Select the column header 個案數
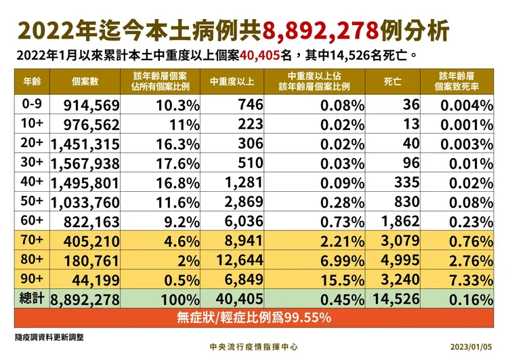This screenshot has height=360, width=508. (x=85, y=81)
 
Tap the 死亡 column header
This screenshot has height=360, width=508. (x=392, y=81)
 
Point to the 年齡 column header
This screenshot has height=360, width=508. (x=32, y=81)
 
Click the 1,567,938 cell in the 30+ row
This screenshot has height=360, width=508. (x=85, y=164)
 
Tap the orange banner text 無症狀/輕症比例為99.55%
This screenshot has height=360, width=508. (x=254, y=317)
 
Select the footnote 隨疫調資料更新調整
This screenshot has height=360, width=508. (x=49, y=337)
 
